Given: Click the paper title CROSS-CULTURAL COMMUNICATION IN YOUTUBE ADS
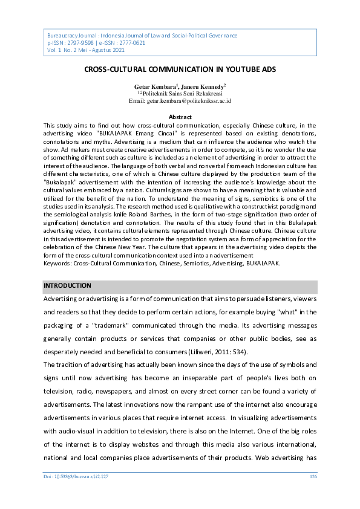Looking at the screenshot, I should click(180, 70).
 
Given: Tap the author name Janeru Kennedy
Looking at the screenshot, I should click(203, 87).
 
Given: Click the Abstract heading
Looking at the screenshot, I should click(180, 117).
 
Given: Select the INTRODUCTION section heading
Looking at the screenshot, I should click(67, 285).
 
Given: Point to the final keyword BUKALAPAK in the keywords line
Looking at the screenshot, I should click(261, 264).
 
